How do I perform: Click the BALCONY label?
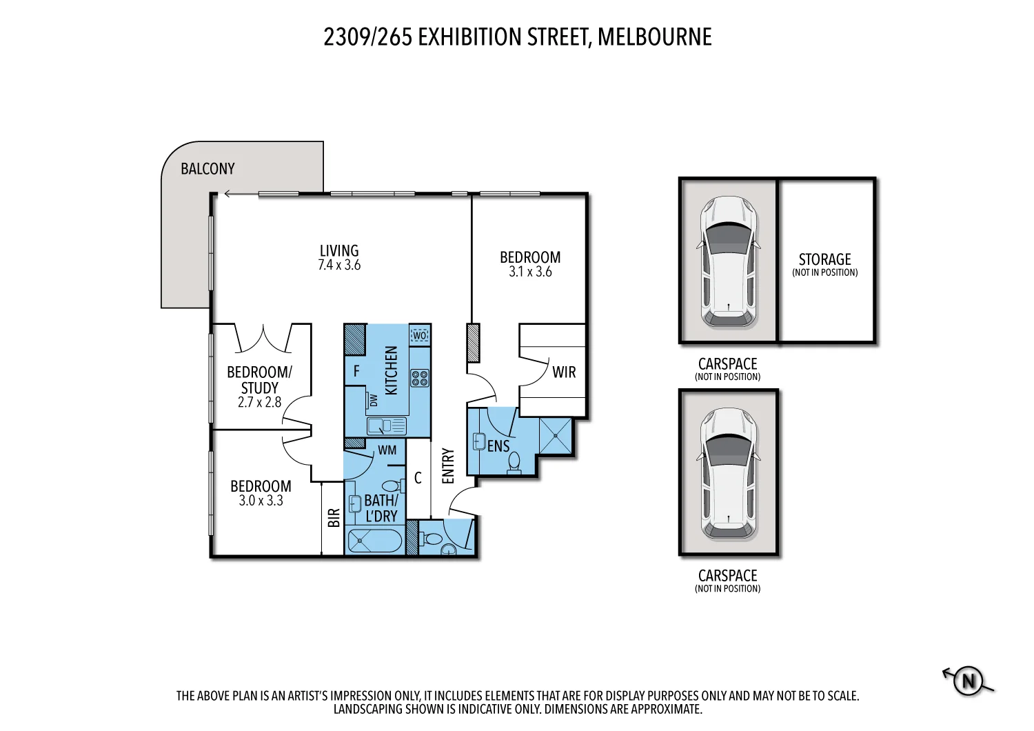point(207,169)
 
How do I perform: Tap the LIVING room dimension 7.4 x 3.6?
point(339,266)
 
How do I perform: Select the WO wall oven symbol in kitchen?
point(419,336)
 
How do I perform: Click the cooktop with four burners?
point(420,378)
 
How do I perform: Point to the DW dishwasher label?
point(374,400)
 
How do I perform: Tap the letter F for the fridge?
point(356,372)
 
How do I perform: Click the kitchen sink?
point(387,426)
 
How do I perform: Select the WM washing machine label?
point(387,450)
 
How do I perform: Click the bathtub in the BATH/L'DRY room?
point(374,541)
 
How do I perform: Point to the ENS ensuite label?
point(498,446)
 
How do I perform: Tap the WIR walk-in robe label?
point(564,372)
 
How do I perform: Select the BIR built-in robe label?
point(334,518)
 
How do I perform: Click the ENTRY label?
point(448,466)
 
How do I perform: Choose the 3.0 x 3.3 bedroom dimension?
point(261,501)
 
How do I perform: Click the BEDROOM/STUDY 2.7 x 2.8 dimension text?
point(259,403)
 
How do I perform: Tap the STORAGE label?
point(824,260)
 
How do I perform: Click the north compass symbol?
point(968,681)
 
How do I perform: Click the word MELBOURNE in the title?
point(654,37)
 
